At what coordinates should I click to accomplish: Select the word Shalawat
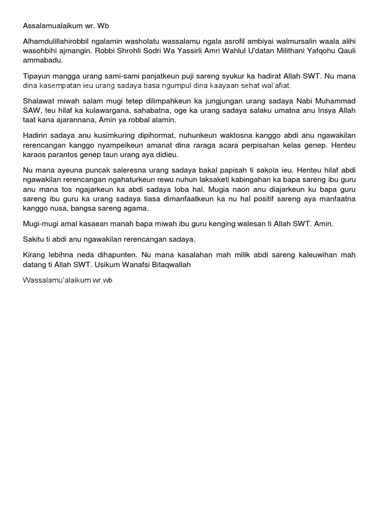(38, 102)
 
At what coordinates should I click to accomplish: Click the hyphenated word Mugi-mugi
(40, 224)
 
